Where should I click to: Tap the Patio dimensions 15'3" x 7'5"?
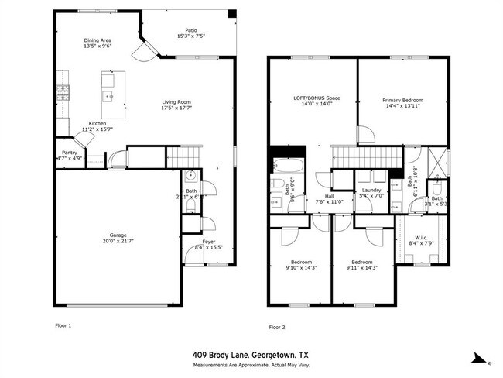click(x=168, y=36)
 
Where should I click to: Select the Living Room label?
click(x=176, y=102)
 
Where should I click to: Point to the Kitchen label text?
click(x=98, y=123)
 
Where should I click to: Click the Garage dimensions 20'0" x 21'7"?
click(x=118, y=241)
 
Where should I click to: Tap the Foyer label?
click(x=209, y=241)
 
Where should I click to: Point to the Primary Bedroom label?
click(x=402, y=100)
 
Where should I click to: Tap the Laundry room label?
click(x=371, y=190)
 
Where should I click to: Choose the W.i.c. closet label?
click(x=423, y=238)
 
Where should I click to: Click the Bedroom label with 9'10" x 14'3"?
click(x=301, y=261)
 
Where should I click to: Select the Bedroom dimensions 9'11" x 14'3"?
click(x=361, y=267)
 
